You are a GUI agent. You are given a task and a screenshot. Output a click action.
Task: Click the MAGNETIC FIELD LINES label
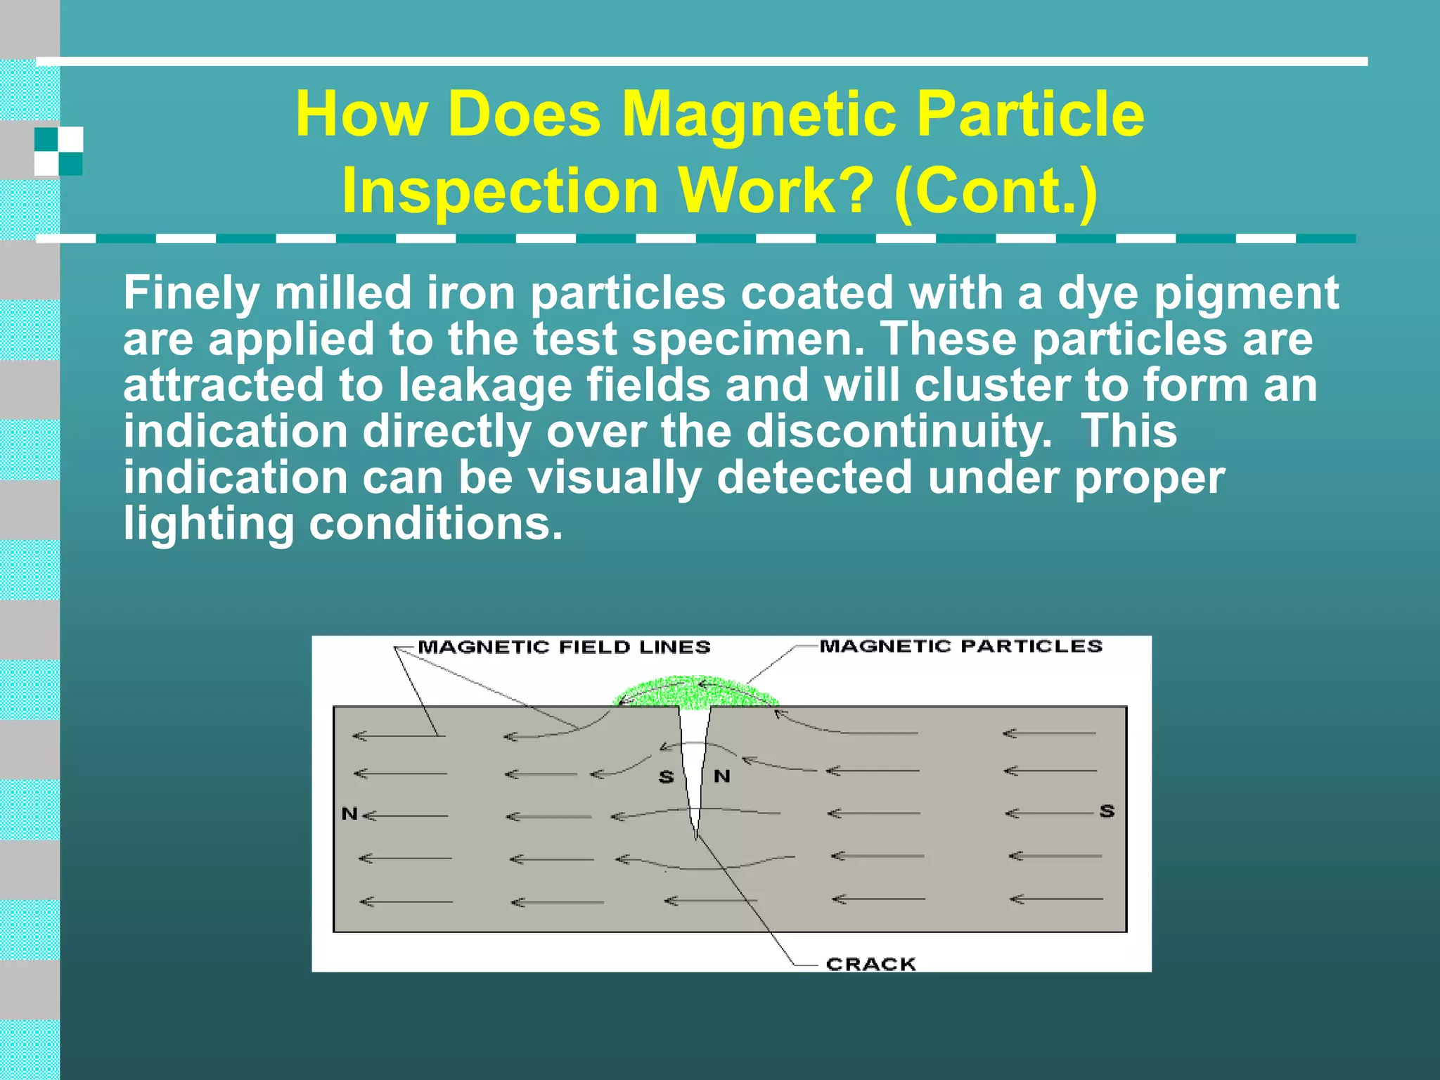click(564, 647)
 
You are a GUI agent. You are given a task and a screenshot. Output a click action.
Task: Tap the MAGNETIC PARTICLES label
click(960, 646)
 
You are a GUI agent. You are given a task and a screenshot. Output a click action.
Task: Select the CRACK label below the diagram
click(870, 964)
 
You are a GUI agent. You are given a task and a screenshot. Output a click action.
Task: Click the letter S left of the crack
click(666, 777)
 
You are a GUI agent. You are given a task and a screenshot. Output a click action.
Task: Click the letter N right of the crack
click(722, 776)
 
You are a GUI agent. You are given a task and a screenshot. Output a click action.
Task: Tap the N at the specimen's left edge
click(349, 814)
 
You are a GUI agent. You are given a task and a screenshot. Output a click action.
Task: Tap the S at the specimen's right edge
click(1107, 811)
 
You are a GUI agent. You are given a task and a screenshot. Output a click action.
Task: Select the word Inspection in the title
click(500, 191)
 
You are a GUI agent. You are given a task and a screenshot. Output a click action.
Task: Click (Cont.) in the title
click(996, 191)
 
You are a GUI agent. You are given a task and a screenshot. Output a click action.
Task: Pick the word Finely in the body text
click(191, 292)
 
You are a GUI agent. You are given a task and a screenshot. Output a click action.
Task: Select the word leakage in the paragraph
click(485, 385)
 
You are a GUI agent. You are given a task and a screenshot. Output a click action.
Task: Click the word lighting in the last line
click(208, 524)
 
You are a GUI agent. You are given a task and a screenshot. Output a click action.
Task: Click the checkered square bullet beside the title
click(59, 150)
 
